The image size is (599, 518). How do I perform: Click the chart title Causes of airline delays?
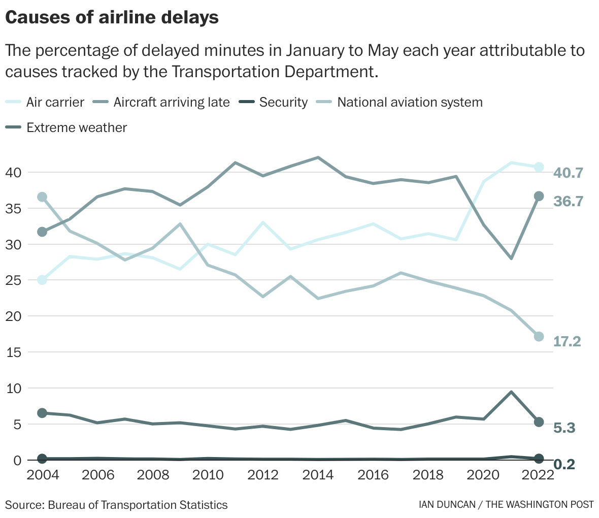click(x=112, y=17)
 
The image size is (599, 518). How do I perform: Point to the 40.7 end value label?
click(x=568, y=173)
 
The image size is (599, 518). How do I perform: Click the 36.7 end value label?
click(x=568, y=201)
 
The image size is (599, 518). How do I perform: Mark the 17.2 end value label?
click(x=567, y=341)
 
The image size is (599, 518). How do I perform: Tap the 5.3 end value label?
click(x=563, y=428)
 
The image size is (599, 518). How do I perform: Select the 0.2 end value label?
click(x=563, y=464)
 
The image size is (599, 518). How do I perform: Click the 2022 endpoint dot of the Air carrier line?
click(x=539, y=167)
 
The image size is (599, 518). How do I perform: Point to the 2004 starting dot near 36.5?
click(x=42, y=197)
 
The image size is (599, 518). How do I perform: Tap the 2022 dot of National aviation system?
click(x=539, y=336)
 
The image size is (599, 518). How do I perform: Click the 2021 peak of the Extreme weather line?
click(x=511, y=392)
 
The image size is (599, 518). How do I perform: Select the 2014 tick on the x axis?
click(x=318, y=475)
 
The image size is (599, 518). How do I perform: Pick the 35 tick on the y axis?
click(x=13, y=209)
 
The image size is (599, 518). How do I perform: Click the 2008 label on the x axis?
click(x=152, y=475)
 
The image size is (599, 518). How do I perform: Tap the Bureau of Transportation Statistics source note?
click(x=116, y=505)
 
